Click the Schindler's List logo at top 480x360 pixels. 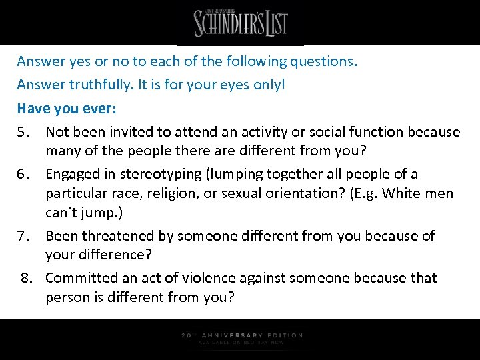pyautogui.click(x=240, y=23)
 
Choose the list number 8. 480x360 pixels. pyautogui.click(x=27, y=277)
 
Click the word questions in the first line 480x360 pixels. pyautogui.click(x=323, y=62)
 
